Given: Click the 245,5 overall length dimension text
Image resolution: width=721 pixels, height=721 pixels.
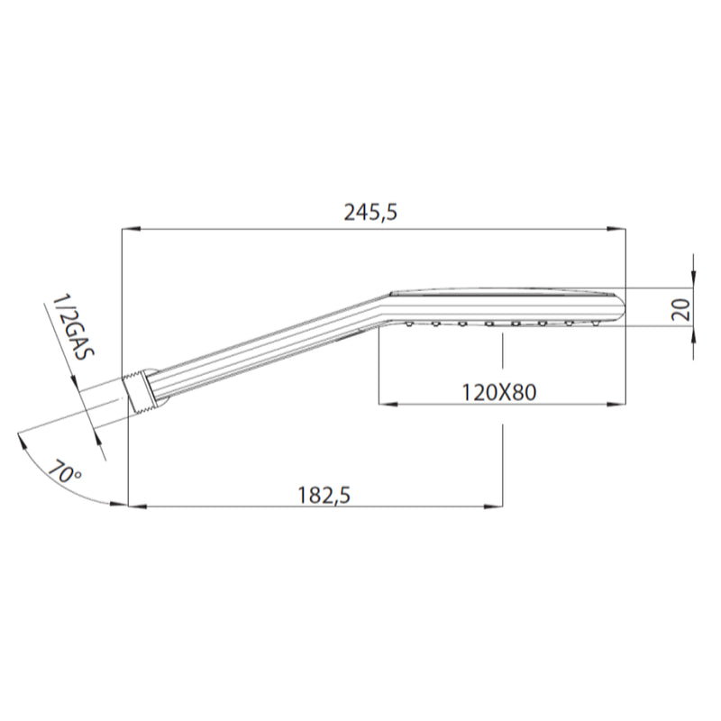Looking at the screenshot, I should click(x=370, y=213).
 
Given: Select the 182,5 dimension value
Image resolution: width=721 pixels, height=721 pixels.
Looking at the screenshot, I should click(x=323, y=495).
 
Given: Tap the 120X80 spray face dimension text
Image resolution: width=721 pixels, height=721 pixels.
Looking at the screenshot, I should click(x=498, y=392).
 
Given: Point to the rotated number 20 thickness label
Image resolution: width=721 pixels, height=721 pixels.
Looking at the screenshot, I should click(x=681, y=310).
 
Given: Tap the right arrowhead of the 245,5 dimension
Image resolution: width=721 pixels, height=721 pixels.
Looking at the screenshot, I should click(x=621, y=229).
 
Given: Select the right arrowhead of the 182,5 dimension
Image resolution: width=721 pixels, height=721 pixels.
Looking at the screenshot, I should click(x=497, y=506).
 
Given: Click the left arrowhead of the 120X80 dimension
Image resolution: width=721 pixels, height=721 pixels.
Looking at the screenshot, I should click(x=382, y=405).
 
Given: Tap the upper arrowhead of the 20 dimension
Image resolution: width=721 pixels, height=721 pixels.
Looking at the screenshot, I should click(x=692, y=282).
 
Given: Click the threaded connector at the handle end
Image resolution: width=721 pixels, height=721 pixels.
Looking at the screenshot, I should click(x=139, y=390).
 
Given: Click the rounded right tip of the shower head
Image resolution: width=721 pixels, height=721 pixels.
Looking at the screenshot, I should click(x=621, y=306).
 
